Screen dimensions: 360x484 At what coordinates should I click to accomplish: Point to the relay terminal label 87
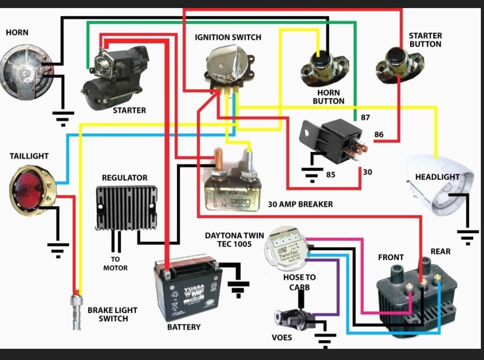[x=365, y=117]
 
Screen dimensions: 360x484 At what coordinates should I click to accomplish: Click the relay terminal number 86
[x=379, y=134]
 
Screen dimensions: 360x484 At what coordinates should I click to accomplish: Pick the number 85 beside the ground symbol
[x=330, y=174]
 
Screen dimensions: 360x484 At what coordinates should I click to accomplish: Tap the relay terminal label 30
[x=367, y=172]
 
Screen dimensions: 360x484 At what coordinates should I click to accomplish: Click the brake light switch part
[x=77, y=309]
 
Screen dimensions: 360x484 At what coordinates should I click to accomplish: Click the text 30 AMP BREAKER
[x=300, y=204]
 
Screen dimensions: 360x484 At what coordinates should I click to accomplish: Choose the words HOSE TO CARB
[x=299, y=282]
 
